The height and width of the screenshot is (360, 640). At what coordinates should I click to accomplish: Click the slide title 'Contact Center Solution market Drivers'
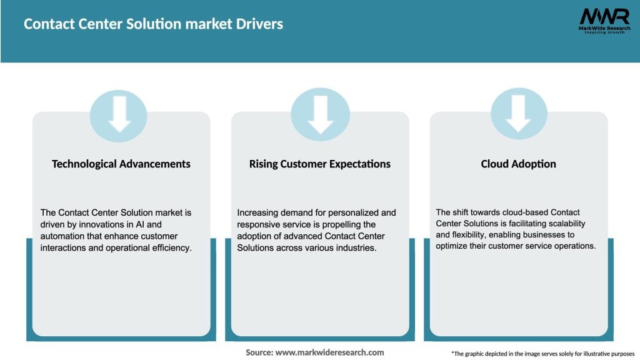coord(153,24)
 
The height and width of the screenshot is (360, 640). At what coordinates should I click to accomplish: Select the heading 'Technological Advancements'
coord(121,164)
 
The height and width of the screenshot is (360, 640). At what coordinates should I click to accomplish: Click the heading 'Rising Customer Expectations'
coord(320,164)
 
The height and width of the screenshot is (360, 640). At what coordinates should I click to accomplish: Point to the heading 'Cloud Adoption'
coord(518,164)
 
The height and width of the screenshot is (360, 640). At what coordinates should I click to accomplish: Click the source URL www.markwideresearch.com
coord(330,352)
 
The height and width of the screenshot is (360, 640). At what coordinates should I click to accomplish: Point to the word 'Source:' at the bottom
coord(259,352)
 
